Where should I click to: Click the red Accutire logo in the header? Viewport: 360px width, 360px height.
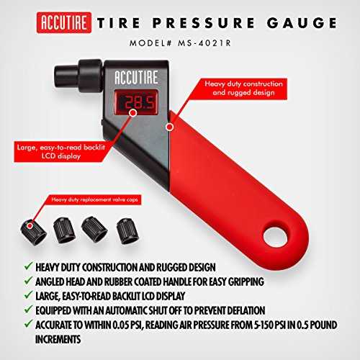coord(64,22)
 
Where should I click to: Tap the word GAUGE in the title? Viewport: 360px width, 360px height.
coord(302,23)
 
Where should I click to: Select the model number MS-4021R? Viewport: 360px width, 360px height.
coord(204,43)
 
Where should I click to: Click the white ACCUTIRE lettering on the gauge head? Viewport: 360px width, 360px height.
coord(136,77)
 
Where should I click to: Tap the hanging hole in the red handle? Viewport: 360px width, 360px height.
coord(275,236)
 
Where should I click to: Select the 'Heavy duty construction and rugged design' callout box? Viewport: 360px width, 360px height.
coord(243,89)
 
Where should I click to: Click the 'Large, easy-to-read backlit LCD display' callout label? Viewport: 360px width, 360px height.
coord(61,152)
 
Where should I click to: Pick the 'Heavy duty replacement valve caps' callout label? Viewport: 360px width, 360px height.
coord(94,199)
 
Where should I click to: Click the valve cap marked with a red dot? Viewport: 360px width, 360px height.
coord(33,232)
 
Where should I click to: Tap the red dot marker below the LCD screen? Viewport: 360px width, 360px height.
coord(133,113)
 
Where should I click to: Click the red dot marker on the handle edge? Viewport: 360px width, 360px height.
coord(170,127)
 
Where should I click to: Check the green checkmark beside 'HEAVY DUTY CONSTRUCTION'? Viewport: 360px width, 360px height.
coord(28,266)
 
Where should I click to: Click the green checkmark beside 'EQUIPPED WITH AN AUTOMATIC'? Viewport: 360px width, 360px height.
coord(28,309)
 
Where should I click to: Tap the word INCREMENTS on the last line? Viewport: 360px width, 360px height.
coord(58,339)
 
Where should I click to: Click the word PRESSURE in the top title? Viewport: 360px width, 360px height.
coord(204,23)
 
